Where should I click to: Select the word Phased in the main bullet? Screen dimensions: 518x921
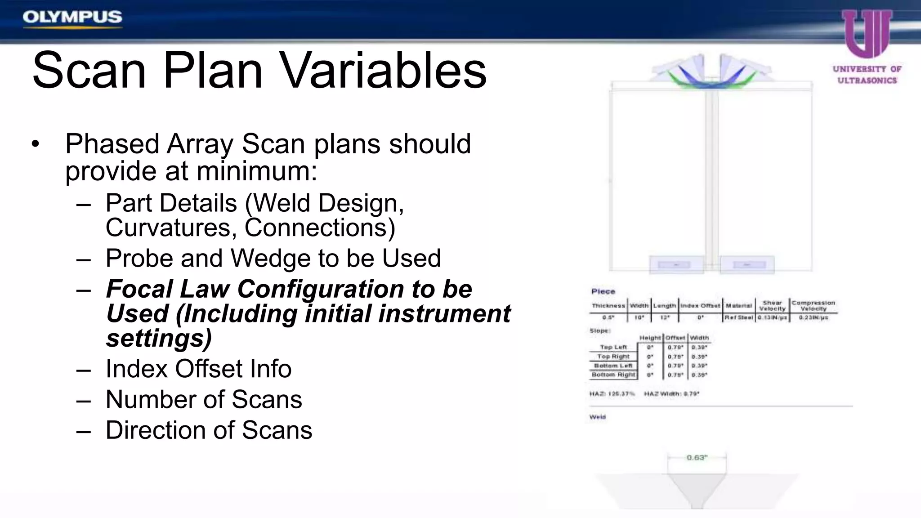112,144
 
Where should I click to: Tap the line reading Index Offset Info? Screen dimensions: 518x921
198,369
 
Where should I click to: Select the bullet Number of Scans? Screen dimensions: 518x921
203,399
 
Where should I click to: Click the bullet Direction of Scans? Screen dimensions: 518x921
209,430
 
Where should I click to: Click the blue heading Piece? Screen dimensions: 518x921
603,291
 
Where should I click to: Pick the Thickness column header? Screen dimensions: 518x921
608,306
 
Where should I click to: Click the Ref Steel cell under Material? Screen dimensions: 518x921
738,317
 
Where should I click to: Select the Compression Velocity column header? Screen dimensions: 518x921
813,306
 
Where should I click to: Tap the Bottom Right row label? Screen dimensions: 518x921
613,375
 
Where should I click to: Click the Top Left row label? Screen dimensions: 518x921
613,347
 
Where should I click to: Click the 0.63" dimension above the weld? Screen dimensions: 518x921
697,458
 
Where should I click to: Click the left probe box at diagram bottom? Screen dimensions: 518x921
676,265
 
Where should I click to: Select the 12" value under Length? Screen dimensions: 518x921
665,317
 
